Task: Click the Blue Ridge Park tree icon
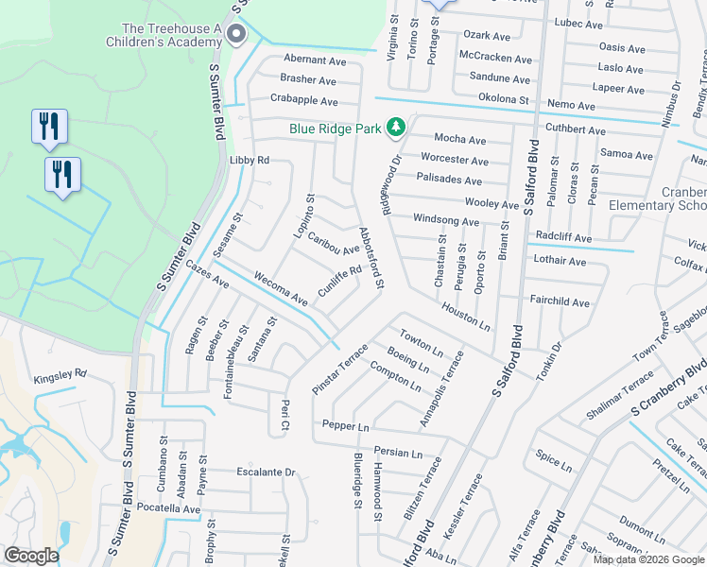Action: tap(398, 127)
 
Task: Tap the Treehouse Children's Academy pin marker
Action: tap(236, 35)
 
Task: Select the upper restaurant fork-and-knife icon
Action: tap(49, 127)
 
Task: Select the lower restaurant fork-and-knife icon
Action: tap(63, 175)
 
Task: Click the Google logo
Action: tap(31, 556)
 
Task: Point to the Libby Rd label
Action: tap(250, 161)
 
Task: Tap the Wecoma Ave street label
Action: tap(280, 289)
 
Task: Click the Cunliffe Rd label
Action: tap(340, 282)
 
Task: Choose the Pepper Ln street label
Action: tap(345, 426)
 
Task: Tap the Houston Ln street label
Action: tap(466, 317)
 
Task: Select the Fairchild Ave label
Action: tap(560, 303)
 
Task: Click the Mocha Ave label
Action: tap(459, 140)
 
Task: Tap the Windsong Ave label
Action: tap(446, 220)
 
